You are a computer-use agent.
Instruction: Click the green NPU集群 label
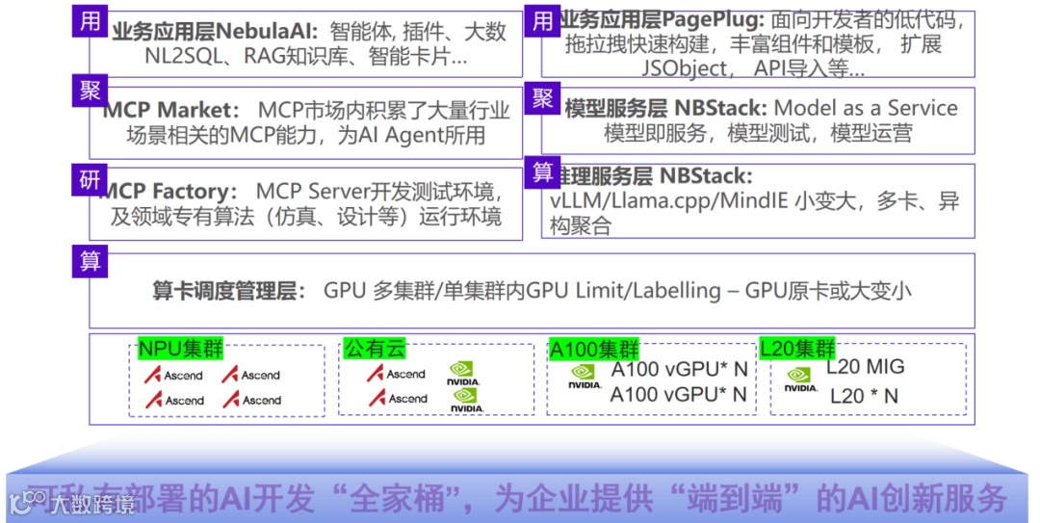coord(180,349)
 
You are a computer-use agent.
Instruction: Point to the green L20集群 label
coord(797,348)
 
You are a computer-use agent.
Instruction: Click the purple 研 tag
coord(91,178)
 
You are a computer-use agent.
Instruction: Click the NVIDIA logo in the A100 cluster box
coord(584,377)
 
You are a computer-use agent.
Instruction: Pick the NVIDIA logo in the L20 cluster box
coord(800,379)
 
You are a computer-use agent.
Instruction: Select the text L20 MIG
coord(866,367)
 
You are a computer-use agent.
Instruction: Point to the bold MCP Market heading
coord(169,111)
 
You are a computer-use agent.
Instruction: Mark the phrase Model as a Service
coord(866,108)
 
